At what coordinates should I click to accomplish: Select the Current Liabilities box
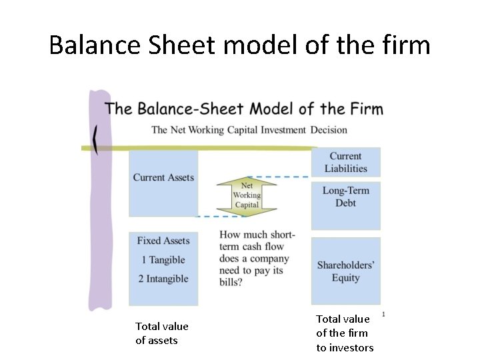(x=346, y=163)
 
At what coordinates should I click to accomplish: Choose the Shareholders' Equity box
(x=346, y=271)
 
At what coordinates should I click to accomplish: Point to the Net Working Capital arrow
(x=247, y=195)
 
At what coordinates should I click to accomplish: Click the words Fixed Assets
(x=163, y=241)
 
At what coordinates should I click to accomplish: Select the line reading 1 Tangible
(x=163, y=260)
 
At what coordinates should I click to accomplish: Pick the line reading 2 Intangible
(x=163, y=279)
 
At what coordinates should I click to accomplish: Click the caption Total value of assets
(x=162, y=333)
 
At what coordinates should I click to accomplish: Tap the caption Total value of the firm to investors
(x=345, y=333)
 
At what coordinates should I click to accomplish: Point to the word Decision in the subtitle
(x=328, y=130)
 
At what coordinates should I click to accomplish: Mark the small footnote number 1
(x=384, y=314)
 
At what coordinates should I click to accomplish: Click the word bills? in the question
(x=231, y=283)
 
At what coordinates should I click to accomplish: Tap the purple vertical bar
(x=100, y=200)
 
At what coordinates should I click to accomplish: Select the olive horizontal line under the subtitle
(x=200, y=147)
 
